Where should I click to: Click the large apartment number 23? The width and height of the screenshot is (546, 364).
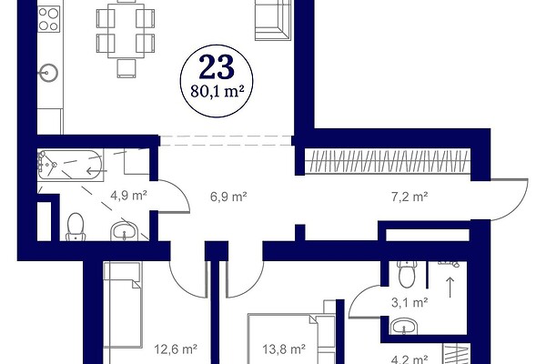[217, 67]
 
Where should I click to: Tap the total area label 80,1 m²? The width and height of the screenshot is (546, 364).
[217, 91]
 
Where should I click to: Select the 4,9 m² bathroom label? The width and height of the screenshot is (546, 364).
[128, 196]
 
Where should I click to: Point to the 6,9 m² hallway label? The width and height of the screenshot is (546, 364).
[228, 197]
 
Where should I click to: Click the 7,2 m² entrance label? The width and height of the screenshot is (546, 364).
[409, 197]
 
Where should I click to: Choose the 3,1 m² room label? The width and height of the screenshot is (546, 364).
[409, 302]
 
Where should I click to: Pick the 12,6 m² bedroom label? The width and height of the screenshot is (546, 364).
[176, 349]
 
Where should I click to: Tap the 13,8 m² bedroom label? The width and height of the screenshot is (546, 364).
[284, 349]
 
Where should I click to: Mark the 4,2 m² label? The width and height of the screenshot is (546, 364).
[409, 359]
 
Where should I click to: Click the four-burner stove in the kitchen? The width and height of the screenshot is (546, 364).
[49, 19]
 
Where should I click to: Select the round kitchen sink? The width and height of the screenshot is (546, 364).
[48, 73]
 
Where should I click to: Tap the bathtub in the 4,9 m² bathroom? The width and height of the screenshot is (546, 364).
[70, 165]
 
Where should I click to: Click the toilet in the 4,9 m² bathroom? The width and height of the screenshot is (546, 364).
[76, 227]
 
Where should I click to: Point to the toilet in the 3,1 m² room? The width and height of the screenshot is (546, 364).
[407, 274]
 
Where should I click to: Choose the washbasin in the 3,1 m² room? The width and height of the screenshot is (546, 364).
[404, 328]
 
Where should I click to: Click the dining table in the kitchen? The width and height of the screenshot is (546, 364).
[126, 31]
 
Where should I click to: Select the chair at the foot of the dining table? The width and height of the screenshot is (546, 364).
[126, 68]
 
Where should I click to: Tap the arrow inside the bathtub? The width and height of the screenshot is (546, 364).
[96, 171]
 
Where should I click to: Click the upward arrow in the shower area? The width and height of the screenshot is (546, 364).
[450, 288]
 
